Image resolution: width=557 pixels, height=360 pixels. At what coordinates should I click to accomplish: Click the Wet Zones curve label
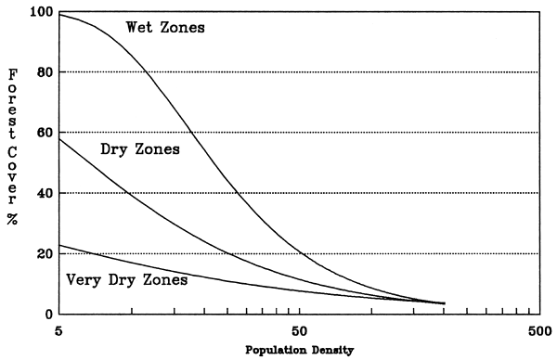165,27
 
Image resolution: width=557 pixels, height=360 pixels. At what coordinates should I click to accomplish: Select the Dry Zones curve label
139,148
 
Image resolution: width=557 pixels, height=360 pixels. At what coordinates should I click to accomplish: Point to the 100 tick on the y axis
42,12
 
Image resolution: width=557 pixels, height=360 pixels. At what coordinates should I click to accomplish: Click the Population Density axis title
297,352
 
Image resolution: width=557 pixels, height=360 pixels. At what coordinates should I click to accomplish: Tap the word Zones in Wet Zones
184,27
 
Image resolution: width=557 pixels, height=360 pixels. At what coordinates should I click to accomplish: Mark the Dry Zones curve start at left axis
59,139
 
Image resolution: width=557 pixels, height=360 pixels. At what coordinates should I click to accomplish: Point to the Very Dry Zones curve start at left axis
59,245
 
